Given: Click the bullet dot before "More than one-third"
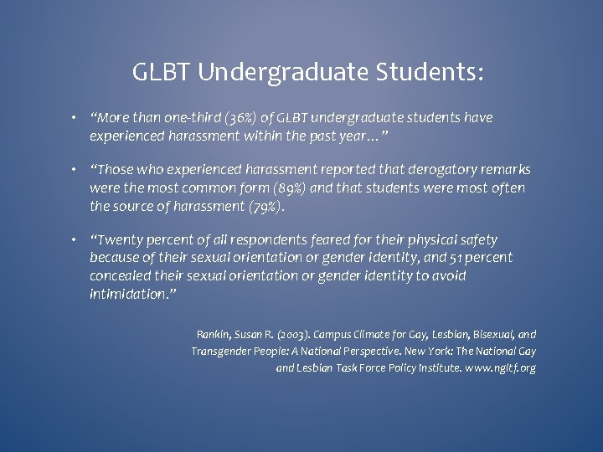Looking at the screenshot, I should coord(75,118).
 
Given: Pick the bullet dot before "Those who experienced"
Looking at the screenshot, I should coord(75,171).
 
